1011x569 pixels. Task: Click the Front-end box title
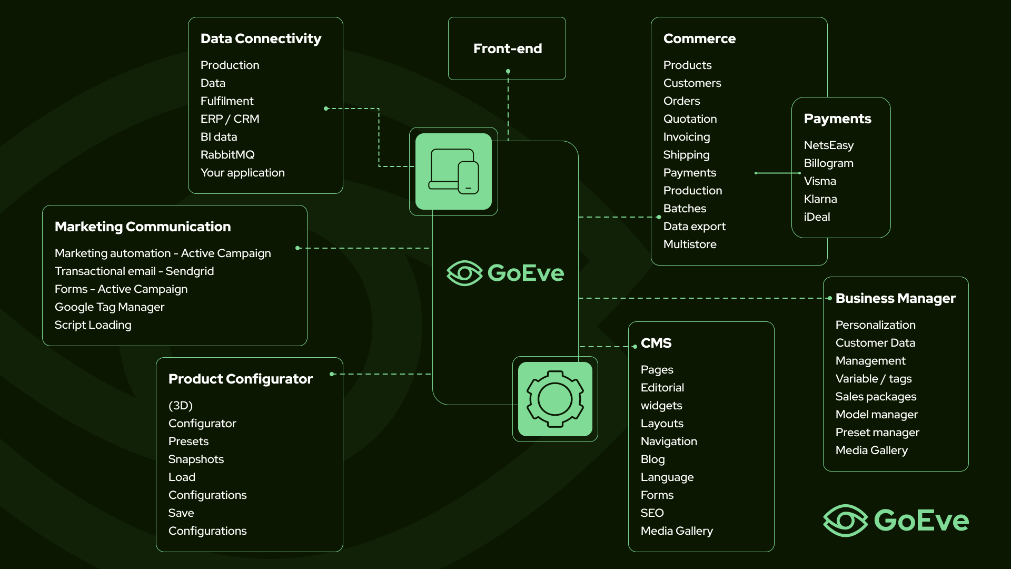[x=507, y=48]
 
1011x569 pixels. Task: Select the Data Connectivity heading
[x=261, y=38]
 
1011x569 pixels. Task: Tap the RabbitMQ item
[x=227, y=154]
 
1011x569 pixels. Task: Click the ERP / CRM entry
[x=230, y=119]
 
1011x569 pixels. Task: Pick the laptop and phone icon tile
[x=453, y=171]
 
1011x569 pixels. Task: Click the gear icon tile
[x=555, y=399]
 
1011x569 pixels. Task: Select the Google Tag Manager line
[x=110, y=307]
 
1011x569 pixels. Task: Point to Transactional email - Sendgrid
[x=134, y=271]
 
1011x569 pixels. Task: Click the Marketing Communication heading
[x=143, y=227]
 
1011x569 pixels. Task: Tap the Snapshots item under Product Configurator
[x=196, y=459]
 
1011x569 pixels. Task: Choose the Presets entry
[x=189, y=441]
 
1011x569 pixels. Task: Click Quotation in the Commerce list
[x=690, y=119]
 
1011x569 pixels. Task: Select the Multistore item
[x=690, y=244]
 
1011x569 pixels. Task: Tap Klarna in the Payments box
[x=820, y=199]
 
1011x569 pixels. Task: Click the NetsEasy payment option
[x=828, y=145]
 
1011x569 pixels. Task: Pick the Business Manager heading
[x=895, y=298]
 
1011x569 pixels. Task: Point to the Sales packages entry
[x=876, y=396]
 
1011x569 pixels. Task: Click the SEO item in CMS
[x=652, y=513]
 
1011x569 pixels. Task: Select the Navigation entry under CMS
[x=669, y=441]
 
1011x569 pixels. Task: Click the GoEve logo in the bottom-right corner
[x=896, y=520]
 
